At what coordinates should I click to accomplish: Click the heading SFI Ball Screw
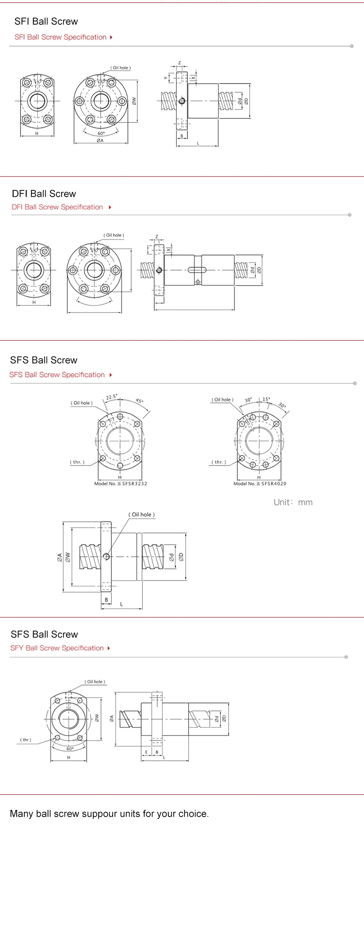pyautogui.click(x=46, y=21)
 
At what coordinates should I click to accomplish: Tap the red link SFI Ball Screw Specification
pyautogui.click(x=60, y=37)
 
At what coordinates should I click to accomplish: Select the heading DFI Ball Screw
pyautogui.click(x=44, y=193)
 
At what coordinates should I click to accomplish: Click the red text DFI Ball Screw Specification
pyautogui.click(x=57, y=207)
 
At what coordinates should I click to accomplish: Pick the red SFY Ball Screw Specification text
pyautogui.click(x=57, y=648)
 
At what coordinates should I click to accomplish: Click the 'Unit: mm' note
pyautogui.click(x=293, y=502)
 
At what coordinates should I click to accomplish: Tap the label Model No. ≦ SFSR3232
pyautogui.click(x=120, y=483)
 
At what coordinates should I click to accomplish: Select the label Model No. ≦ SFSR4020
pyautogui.click(x=260, y=483)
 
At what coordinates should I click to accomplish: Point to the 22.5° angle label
pyautogui.click(x=112, y=397)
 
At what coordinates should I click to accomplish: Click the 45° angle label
pyautogui.click(x=139, y=401)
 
